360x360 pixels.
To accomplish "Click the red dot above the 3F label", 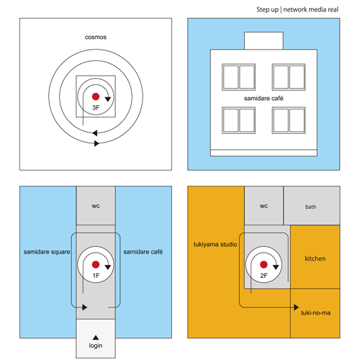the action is coord(96,96).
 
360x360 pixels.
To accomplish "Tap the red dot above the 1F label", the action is coord(96,264).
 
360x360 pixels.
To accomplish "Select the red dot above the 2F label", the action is coord(264,264).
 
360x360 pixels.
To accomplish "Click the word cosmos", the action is coord(96,37).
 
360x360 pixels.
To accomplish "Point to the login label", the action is coord(96,346).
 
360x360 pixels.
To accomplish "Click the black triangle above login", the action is coord(96,338).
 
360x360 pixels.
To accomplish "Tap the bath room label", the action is coord(310,207).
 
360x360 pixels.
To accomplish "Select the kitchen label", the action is coord(315,258).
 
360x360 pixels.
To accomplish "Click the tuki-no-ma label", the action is coord(316,312).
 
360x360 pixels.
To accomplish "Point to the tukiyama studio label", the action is coord(215,244).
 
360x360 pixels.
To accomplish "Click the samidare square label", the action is coord(47,252).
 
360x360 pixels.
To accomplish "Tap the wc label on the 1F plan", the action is coord(96,206).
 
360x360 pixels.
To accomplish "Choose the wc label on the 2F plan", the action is coord(264,206).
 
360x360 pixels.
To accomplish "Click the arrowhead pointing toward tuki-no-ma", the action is coord(297,307).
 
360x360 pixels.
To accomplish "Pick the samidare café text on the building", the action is coord(264,99).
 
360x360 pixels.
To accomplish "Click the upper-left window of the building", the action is coord(238,77).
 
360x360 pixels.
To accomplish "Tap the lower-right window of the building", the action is coord(289,120).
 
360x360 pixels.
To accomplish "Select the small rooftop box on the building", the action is coord(264,41).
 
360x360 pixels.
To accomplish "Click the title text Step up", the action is coord(267,9).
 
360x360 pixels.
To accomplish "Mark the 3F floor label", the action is coord(96,107).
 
